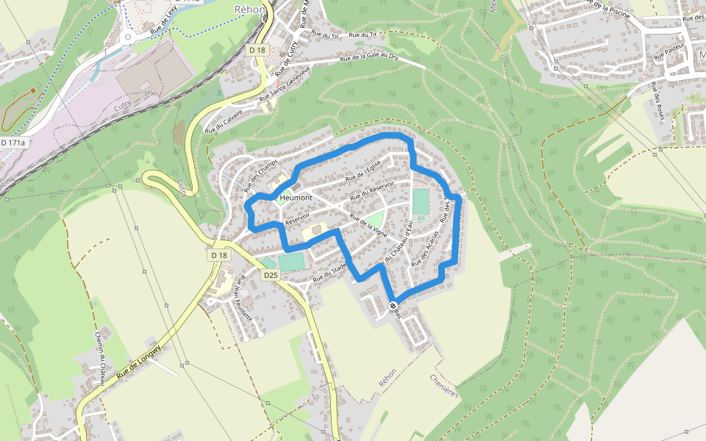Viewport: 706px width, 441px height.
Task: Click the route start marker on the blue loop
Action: point(393,305)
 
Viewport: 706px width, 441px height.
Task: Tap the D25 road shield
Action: point(271,275)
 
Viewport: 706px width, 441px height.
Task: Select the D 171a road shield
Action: point(13,142)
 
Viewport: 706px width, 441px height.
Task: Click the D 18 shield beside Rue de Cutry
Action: point(257,51)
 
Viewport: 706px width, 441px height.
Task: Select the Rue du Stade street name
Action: point(329,273)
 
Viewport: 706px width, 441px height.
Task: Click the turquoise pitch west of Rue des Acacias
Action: point(421,201)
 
